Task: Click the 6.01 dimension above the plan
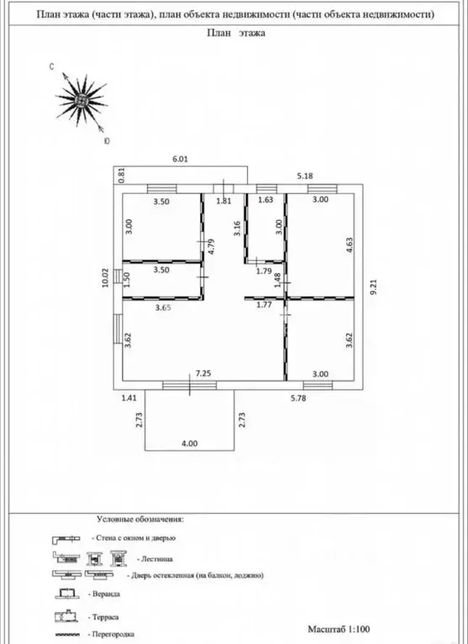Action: [180, 159]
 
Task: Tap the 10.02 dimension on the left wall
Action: [106, 278]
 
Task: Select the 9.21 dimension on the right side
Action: [373, 286]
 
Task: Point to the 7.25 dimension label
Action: [204, 374]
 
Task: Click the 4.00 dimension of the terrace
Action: [189, 443]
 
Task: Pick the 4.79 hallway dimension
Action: [212, 247]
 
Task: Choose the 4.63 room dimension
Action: [350, 245]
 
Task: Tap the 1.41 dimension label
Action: [129, 398]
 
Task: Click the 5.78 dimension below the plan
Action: [298, 398]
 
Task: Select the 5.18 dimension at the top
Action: [305, 175]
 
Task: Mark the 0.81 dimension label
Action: [121, 175]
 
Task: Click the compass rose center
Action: [82, 100]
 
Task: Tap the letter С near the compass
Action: [52, 66]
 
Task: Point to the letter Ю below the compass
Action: [107, 141]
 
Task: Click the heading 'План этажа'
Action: [236, 33]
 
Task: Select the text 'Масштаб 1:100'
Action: [339, 629]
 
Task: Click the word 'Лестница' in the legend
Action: [157, 559]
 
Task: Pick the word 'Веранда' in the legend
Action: [106, 594]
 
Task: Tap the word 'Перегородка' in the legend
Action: [113, 634]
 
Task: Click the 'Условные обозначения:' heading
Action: [140, 519]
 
